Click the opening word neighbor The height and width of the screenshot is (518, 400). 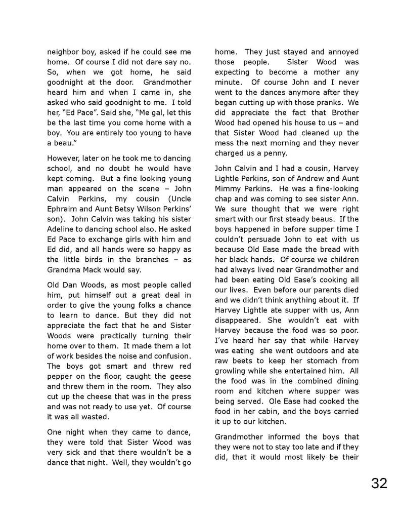[x=63, y=52]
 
